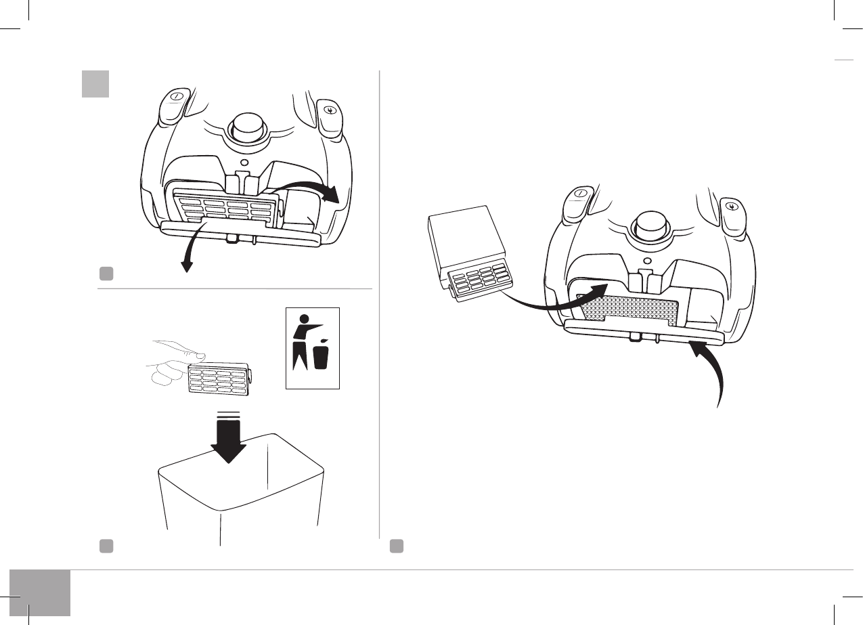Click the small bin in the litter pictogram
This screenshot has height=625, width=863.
pyautogui.click(x=321, y=356)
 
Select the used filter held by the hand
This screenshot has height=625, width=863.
pyautogui.click(x=221, y=381)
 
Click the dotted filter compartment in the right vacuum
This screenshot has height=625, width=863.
pyautogui.click(x=627, y=309)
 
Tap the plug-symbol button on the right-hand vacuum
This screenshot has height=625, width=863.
pyautogui.click(x=731, y=207)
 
